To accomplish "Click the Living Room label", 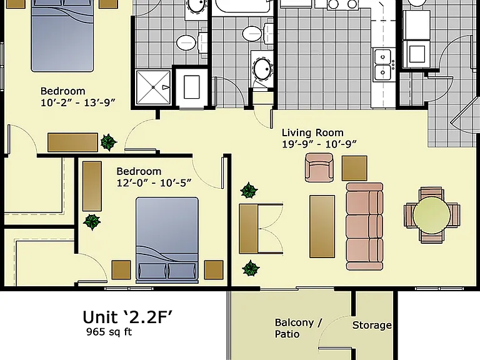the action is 312,133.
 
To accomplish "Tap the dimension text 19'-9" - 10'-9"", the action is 319,144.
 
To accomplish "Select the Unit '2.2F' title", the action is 127,317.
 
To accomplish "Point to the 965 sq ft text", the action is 109,332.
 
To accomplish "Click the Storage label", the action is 372,325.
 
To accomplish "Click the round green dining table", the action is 432,215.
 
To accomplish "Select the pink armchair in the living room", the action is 319,167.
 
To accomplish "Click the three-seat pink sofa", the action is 364,226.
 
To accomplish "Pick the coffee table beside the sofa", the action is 322,226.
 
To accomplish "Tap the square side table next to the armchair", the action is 354,168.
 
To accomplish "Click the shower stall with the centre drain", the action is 153,87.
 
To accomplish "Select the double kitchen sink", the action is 382,64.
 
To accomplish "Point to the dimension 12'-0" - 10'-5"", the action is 154,183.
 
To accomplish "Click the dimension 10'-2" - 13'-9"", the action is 78,102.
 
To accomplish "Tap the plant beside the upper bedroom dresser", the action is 109,142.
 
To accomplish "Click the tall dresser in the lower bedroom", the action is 92,186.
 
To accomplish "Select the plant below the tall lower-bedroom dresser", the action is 92,222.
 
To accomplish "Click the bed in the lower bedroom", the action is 167,240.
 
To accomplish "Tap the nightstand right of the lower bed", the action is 214,270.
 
